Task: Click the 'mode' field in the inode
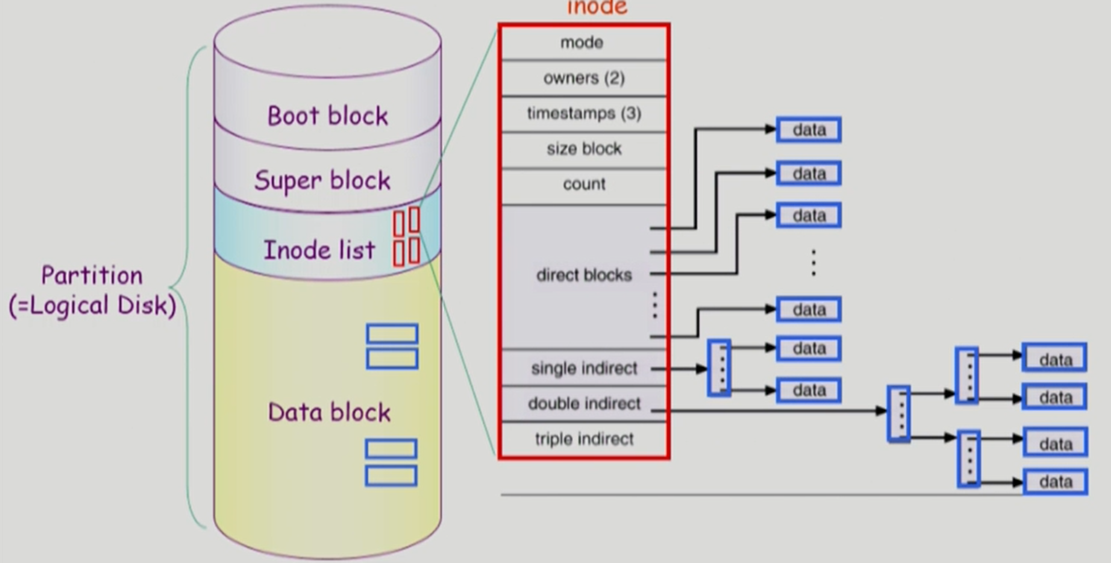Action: [x=582, y=43]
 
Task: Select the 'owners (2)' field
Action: [x=584, y=78]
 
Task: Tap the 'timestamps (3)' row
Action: [x=584, y=114]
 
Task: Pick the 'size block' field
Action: [x=584, y=149]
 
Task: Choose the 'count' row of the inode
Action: [x=584, y=185]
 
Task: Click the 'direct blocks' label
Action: [x=584, y=275]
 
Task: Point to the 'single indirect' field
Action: [x=584, y=368]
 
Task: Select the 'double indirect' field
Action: [x=584, y=403]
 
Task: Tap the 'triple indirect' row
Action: [x=584, y=439]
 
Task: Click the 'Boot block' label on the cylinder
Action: [x=328, y=116]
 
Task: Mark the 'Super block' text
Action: [x=322, y=181]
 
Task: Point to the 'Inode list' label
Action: [x=319, y=250]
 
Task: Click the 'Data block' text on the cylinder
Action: [x=329, y=412]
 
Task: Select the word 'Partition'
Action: [x=92, y=276]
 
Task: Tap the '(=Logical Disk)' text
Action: [x=92, y=306]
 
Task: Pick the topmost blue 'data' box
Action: [x=809, y=130]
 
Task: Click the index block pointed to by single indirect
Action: [x=719, y=368]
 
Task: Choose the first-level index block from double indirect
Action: [x=899, y=413]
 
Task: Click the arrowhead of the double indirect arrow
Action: [x=881, y=411]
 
